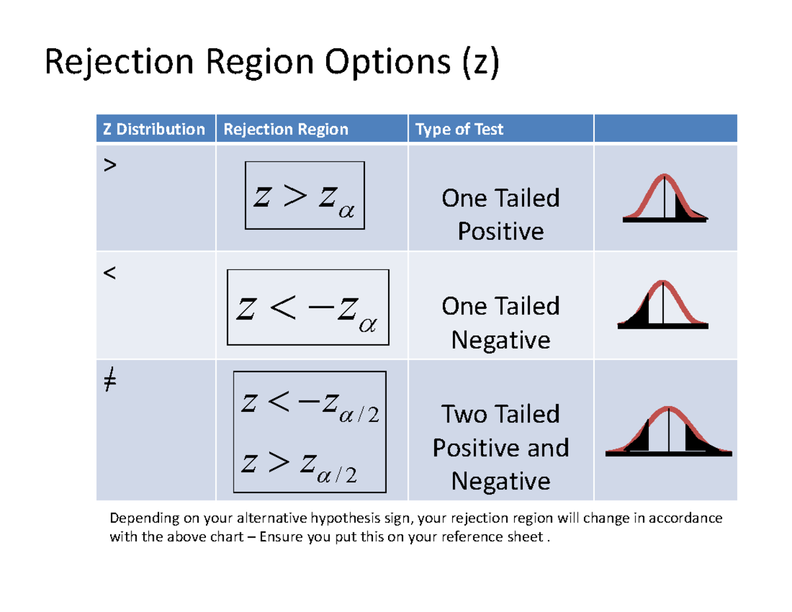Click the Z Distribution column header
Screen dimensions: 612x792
154,129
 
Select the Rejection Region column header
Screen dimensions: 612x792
286,129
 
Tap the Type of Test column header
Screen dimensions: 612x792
459,129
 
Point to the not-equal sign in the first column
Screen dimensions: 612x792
110,382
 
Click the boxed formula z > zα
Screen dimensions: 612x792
304,195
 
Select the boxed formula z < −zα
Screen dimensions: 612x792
308,307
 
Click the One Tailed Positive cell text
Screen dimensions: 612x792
500,215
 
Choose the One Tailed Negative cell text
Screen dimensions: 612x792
500,323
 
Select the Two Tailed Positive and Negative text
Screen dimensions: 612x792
500,448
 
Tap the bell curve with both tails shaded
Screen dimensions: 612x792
669,430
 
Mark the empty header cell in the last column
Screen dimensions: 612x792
665,129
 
